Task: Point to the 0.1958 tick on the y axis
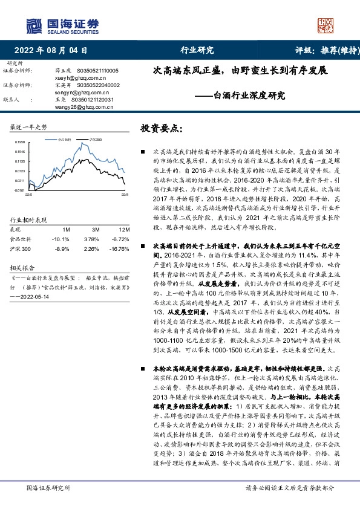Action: point(20,141)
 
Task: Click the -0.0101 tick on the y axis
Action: point(20,190)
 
